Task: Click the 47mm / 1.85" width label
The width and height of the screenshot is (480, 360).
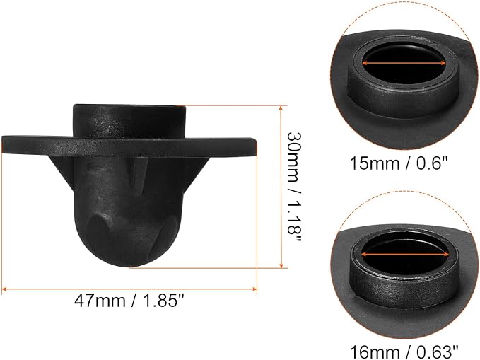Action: (x=130, y=301)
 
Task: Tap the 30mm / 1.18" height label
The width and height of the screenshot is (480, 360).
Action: (x=294, y=187)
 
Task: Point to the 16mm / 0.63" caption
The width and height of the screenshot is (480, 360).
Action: (x=404, y=352)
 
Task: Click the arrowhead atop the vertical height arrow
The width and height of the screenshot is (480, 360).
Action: (x=281, y=108)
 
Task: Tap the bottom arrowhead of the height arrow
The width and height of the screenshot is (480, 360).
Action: (x=281, y=265)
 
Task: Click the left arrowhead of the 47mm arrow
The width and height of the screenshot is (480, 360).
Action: (x=4, y=289)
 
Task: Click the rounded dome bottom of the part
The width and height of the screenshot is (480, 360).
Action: (x=129, y=242)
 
